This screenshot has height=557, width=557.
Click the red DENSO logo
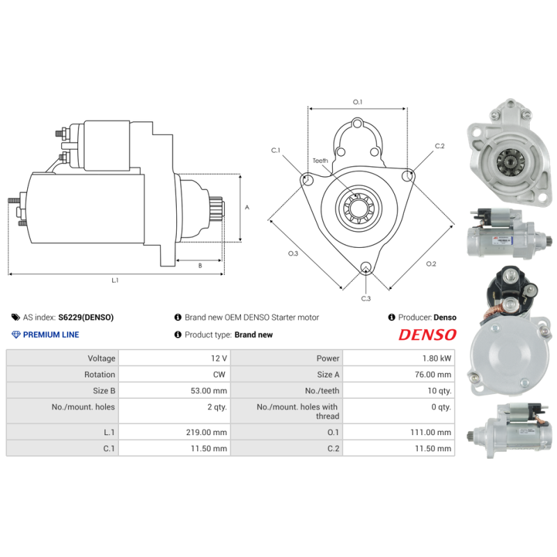(427, 335)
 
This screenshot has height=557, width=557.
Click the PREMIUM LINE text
(51, 335)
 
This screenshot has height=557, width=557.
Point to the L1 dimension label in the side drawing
(116, 281)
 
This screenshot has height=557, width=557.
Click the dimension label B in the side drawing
(200, 265)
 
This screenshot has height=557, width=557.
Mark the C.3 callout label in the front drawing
(366, 298)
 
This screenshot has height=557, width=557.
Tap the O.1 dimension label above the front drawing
(357, 102)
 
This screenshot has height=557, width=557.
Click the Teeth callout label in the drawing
(320, 161)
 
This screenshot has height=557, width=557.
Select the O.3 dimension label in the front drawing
(292, 253)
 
